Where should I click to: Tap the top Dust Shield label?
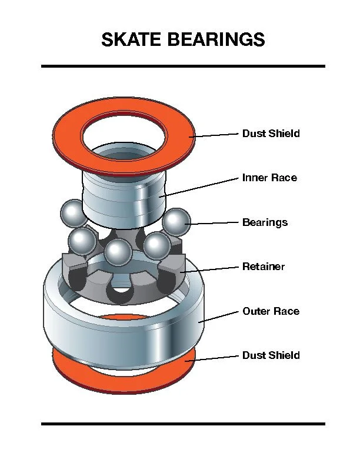pos(271,134)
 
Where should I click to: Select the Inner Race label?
pos(269,178)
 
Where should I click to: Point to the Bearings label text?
pos(265,222)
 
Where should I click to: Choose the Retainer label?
pos(264,267)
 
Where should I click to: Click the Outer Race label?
pos(271,311)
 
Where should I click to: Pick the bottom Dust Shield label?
pos(271,355)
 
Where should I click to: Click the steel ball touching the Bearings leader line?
pos(176,222)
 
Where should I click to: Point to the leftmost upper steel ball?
pos(74,212)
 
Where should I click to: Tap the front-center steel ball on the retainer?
pos(118,252)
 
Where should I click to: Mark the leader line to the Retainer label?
pos(212,269)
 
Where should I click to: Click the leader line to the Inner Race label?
pos(200,185)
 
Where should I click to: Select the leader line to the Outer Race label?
pos(221,316)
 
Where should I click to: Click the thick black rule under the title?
pos(183,66)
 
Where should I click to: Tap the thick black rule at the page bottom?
pos(183,423)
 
